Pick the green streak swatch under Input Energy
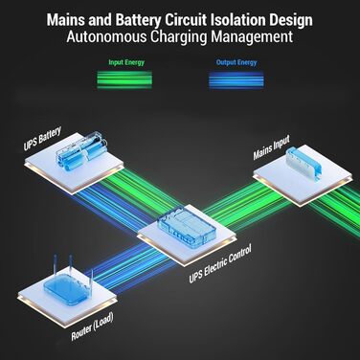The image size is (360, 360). pos(127,76)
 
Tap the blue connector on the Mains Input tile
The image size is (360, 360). pos(296,162)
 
